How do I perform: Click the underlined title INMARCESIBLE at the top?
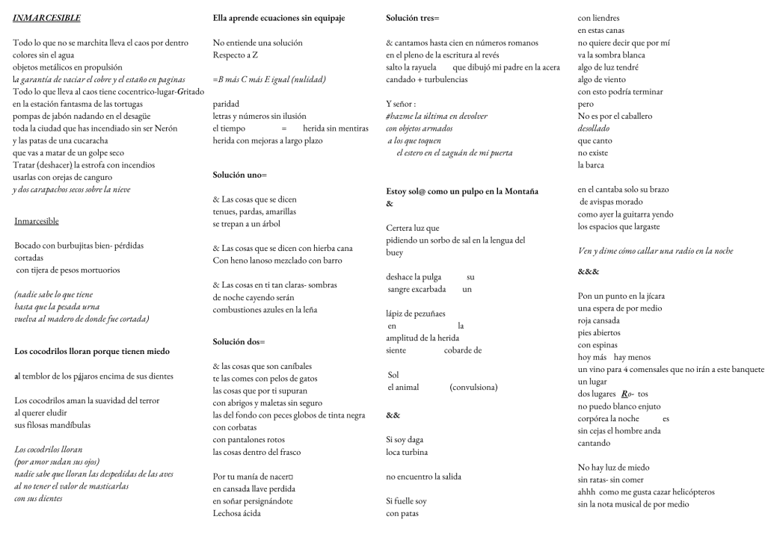pos(46,17)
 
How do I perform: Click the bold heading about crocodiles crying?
pos(92,350)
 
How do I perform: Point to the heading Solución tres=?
pos(413,17)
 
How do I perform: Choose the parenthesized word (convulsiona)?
pos(474,387)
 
